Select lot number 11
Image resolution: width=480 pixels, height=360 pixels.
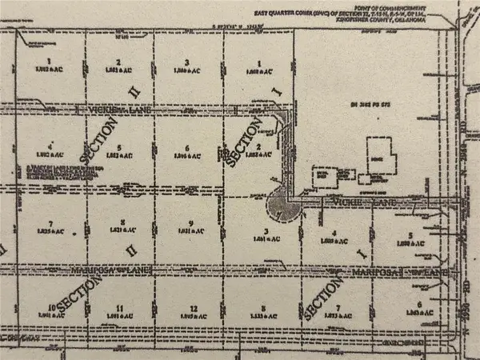(x=119, y=308)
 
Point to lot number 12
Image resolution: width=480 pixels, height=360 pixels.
(x=190, y=308)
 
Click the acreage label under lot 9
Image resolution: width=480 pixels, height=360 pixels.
(x=189, y=232)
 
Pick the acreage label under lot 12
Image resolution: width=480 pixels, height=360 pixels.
(x=190, y=317)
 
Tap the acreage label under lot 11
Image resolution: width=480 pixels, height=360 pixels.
(x=119, y=317)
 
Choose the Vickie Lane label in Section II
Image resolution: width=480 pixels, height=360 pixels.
(x=94, y=107)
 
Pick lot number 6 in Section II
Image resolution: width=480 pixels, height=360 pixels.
(x=186, y=148)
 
